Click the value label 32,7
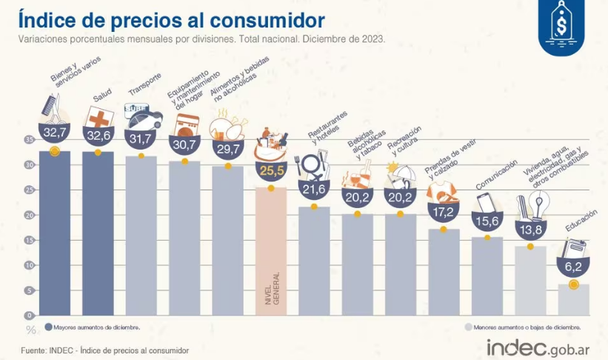[54, 133]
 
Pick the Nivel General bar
[270, 252]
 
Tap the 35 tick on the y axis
[29, 139]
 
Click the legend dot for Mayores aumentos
[48, 327]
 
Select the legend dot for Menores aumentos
[469, 327]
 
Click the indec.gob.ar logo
[538, 347]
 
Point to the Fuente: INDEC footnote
[104, 350]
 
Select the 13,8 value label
[530, 230]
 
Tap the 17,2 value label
[443, 213]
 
